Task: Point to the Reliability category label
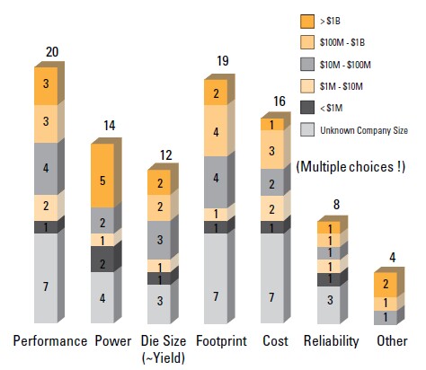(333, 341)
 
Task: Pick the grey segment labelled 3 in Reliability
(331, 301)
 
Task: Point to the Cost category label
(275, 341)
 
